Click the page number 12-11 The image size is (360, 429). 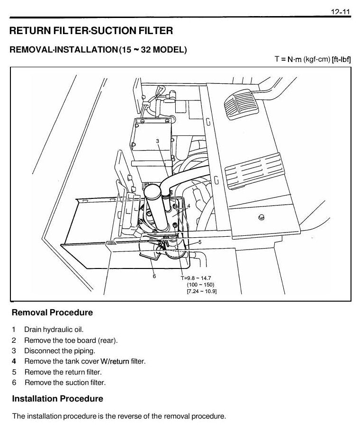[x=340, y=12]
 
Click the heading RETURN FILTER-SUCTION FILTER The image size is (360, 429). [x=91, y=31]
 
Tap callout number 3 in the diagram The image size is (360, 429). [x=157, y=141]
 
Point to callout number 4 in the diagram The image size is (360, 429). [x=189, y=206]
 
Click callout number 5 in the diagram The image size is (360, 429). [x=200, y=242]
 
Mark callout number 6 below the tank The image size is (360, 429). [x=154, y=276]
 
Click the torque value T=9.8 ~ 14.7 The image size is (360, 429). [x=196, y=278]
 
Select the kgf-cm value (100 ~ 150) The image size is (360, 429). [x=201, y=285]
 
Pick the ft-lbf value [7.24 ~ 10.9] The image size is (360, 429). [x=202, y=291]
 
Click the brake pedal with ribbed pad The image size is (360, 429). [x=242, y=104]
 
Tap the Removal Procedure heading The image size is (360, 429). [x=52, y=313]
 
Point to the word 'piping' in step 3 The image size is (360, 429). [x=84, y=351]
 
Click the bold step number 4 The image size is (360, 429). [x=14, y=361]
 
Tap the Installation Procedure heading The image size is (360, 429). [x=57, y=399]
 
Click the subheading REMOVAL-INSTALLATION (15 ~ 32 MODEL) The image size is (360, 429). [x=98, y=50]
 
